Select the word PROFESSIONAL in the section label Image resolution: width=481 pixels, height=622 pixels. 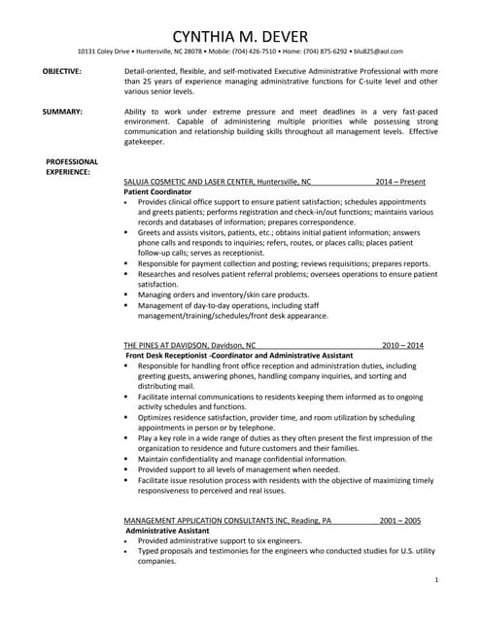(x=72, y=160)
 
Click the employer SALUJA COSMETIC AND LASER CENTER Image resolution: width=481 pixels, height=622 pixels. (x=189, y=181)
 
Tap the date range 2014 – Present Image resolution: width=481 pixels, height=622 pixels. (x=401, y=181)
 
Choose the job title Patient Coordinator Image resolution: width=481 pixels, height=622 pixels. (x=158, y=191)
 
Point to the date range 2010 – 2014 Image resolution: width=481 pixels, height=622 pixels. (x=402, y=345)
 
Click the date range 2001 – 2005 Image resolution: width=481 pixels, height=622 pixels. (x=400, y=520)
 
